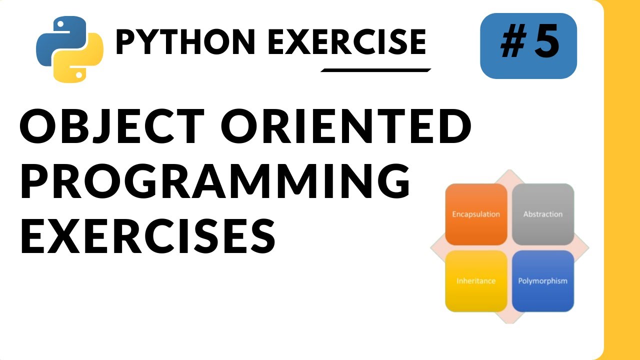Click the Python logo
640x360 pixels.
(69, 49)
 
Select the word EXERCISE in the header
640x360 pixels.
(347, 42)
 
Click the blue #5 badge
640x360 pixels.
(528, 45)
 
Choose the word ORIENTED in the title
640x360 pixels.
(347, 128)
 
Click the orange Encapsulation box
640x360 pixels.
(476, 214)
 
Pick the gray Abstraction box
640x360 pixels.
(543, 214)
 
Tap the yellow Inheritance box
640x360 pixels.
(476, 281)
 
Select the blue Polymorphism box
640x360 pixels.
(543, 281)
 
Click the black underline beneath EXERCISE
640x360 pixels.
(375, 70)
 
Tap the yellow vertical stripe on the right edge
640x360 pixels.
(622, 180)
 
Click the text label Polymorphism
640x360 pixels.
(543, 281)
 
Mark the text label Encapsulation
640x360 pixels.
(476, 214)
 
